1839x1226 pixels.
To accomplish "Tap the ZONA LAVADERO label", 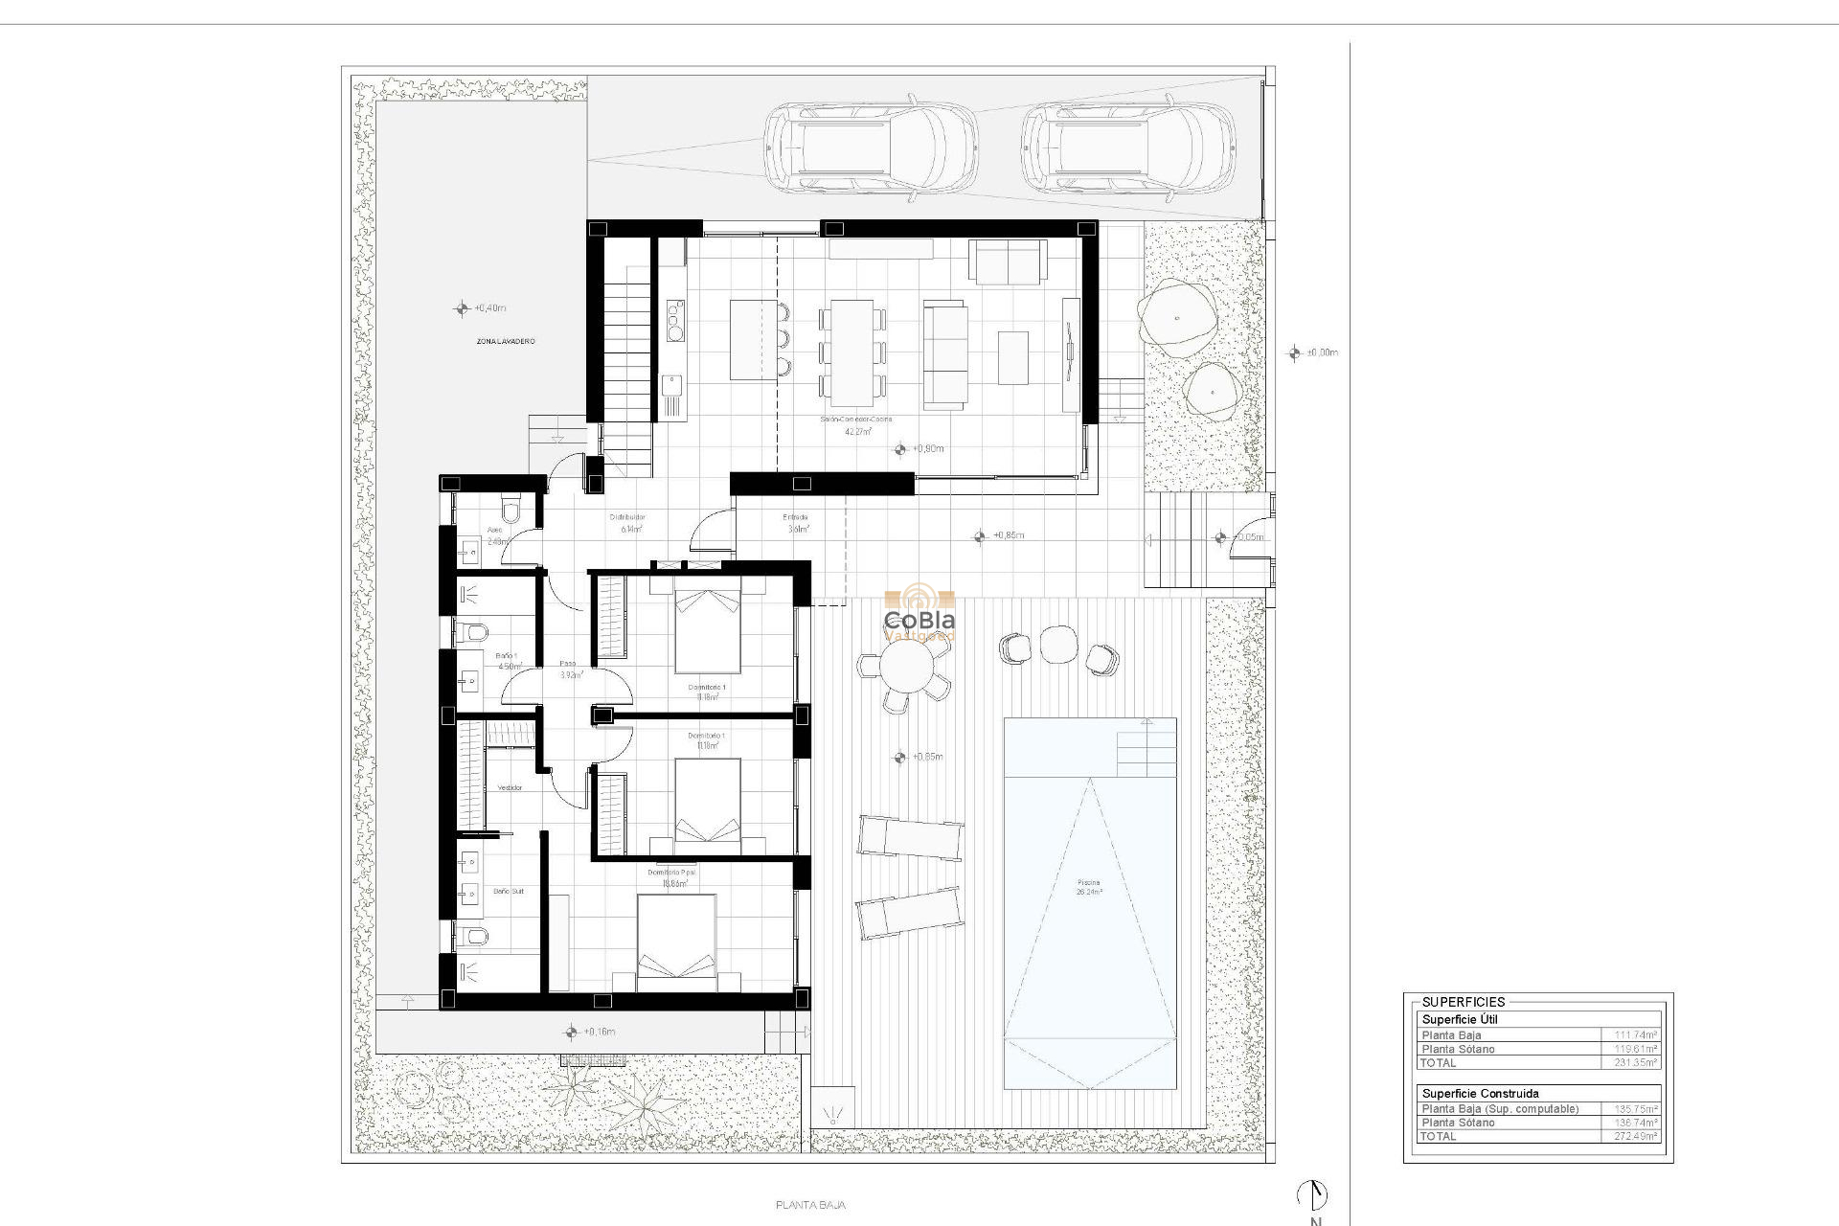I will click(x=506, y=342).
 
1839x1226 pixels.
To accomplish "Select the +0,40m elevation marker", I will click(x=463, y=308).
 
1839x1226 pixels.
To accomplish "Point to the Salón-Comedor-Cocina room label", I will click(x=855, y=420).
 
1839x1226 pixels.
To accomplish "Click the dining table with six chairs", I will click(x=851, y=352).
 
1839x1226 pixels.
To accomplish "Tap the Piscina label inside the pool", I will click(x=1088, y=882).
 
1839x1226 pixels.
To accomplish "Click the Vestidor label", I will click(x=510, y=787).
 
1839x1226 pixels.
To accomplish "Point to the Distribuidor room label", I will click(x=627, y=517).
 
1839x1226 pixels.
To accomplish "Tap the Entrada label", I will click(x=796, y=517).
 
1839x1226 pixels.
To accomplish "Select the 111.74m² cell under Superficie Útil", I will click(x=1635, y=1035).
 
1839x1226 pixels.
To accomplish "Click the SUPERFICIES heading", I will click(x=1463, y=1002).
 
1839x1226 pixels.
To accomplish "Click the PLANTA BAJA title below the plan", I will click(x=810, y=1205).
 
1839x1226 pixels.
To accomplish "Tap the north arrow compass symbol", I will click(x=1313, y=1195).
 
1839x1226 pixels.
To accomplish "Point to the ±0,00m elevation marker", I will click(x=1295, y=352).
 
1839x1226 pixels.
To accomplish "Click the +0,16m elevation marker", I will click(x=572, y=1032).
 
